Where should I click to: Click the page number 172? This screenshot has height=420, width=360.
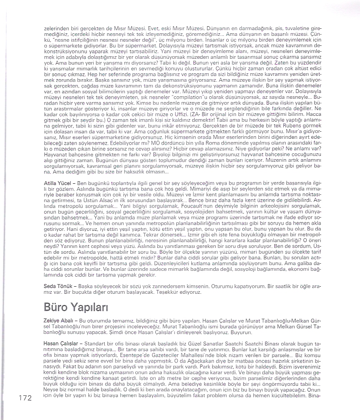point(25,398)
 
